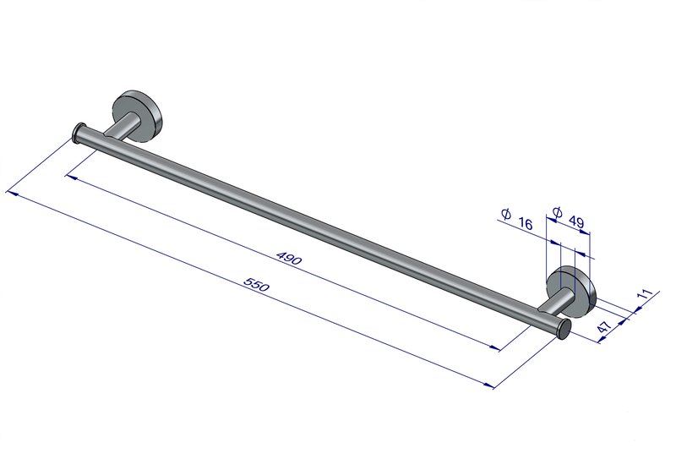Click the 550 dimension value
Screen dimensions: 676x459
point(257,284)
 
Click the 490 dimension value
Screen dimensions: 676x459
point(289,258)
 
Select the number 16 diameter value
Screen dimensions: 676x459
point(526,223)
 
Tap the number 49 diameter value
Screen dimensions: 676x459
point(576,221)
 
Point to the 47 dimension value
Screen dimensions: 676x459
point(604,326)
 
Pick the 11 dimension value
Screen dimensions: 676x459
point(645,295)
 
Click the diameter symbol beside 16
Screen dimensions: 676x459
point(506,214)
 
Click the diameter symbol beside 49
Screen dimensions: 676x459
point(557,212)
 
